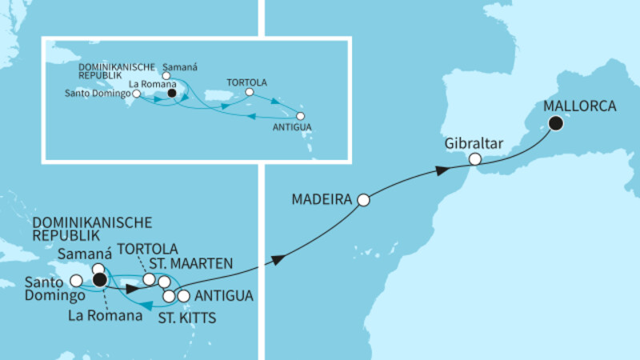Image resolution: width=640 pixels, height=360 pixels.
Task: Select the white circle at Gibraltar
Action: (x=474, y=160)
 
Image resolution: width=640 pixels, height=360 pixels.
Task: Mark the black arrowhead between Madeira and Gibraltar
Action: (x=441, y=171)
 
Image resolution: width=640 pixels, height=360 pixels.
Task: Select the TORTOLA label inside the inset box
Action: (x=246, y=82)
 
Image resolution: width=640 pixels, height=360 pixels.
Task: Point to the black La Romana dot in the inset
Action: (x=171, y=93)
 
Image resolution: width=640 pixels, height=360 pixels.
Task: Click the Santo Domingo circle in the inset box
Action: (x=137, y=94)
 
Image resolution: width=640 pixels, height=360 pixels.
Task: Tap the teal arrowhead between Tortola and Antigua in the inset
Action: (x=276, y=102)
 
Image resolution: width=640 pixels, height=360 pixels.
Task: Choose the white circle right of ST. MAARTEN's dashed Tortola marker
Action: (x=164, y=282)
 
